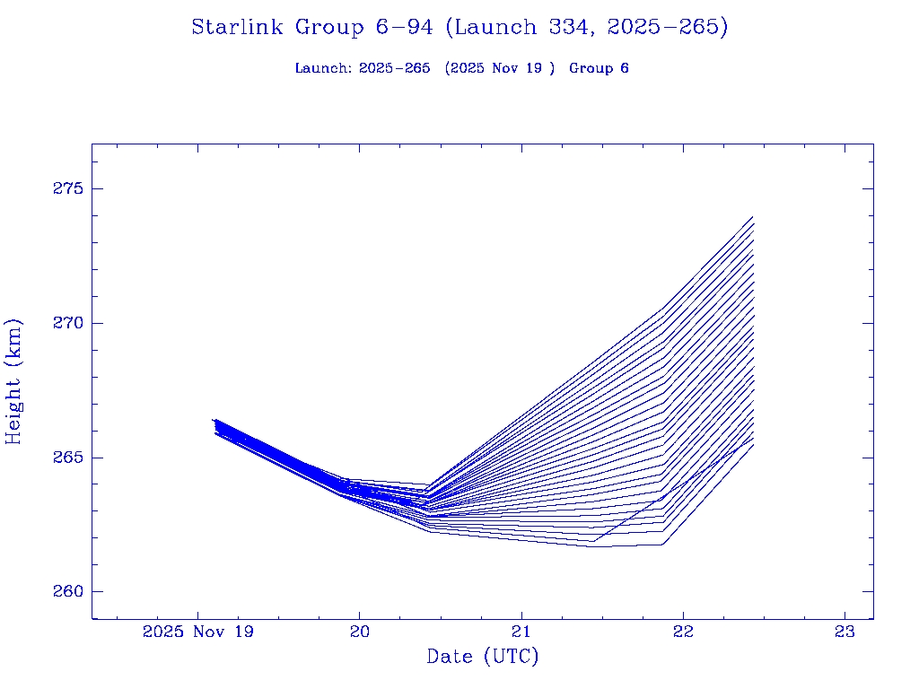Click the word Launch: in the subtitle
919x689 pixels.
(x=323, y=68)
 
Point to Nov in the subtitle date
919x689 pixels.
(x=512, y=68)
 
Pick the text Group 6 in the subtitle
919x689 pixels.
(x=599, y=68)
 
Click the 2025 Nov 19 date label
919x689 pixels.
(x=197, y=632)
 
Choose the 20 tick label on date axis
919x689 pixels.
(x=359, y=632)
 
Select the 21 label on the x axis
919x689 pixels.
(x=521, y=632)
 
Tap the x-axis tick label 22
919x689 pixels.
(x=684, y=632)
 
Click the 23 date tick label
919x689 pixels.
(x=845, y=632)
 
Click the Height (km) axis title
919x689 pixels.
(x=13, y=381)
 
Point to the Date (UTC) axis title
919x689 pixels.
(x=483, y=657)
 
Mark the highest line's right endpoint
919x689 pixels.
(x=753, y=216)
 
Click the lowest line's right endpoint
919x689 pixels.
(x=753, y=445)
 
